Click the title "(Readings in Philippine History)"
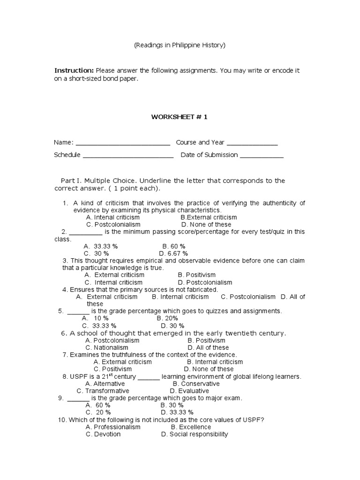pyautogui.click(x=180, y=45)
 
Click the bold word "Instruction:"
pyautogui.click(x=74, y=70)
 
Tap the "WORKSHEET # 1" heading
pyautogui.click(x=179, y=117)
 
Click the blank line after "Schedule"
pyautogui.click(x=128, y=156)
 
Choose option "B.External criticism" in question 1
pyautogui.click(x=209, y=217)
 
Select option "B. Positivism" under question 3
pyautogui.click(x=197, y=275)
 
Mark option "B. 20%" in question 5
pyautogui.click(x=167, y=318)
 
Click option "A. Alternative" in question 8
pyautogui.click(x=105, y=384)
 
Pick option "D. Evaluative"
pyautogui.click(x=189, y=391)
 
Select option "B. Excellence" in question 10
pyautogui.click(x=191, y=427)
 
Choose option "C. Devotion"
pyautogui.click(x=103, y=435)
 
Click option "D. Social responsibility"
pyautogui.click(x=195, y=435)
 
